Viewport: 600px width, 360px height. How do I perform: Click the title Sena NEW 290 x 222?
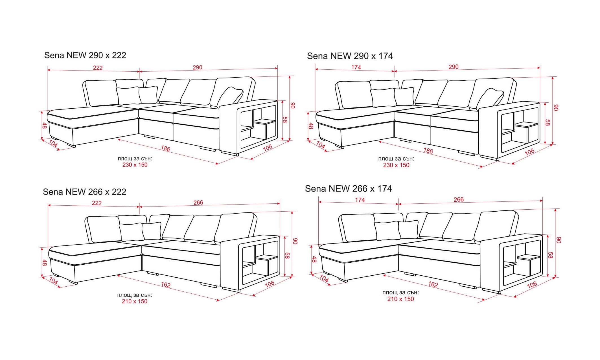[x=85, y=55]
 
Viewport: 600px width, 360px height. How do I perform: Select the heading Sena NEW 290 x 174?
[x=350, y=56]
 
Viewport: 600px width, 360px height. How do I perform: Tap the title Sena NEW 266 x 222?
[x=84, y=192]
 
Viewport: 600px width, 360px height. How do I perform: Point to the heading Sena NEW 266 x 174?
[x=348, y=189]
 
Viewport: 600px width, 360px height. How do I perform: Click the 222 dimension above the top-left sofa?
[x=98, y=68]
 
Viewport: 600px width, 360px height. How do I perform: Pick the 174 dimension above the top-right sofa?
[x=356, y=67]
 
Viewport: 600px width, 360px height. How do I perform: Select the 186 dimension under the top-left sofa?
[x=166, y=148]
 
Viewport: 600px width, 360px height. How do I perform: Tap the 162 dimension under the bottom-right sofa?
[x=433, y=284]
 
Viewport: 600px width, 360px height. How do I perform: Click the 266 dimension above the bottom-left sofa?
[x=198, y=203]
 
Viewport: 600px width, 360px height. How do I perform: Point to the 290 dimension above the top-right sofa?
[x=454, y=67]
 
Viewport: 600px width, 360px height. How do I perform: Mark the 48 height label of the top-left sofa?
[x=44, y=126]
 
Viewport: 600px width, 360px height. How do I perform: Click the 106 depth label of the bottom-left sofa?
[x=270, y=284]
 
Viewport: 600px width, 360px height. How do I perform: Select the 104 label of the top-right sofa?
[x=321, y=145]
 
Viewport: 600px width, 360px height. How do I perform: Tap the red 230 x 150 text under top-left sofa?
[x=135, y=165]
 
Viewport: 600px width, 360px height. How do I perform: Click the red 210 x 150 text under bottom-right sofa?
[x=400, y=299]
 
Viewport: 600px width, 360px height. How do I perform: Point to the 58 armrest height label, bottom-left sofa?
[x=287, y=256]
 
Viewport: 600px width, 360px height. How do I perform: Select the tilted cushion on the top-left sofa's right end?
[x=230, y=97]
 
